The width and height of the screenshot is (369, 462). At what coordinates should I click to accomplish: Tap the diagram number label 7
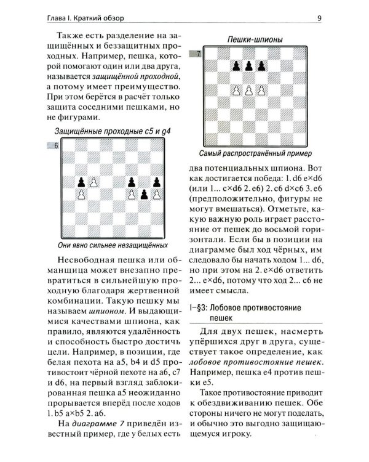(197, 54)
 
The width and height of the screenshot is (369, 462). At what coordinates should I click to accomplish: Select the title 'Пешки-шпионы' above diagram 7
(255, 40)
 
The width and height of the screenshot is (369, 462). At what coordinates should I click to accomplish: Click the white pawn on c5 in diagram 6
(93, 182)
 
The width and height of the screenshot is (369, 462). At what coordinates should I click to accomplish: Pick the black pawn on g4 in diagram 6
(144, 195)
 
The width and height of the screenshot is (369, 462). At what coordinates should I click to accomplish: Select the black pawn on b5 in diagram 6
(81, 182)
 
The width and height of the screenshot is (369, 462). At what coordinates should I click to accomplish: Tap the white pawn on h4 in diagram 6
(156, 195)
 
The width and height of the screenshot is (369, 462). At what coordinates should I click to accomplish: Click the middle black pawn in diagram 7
(248, 65)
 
